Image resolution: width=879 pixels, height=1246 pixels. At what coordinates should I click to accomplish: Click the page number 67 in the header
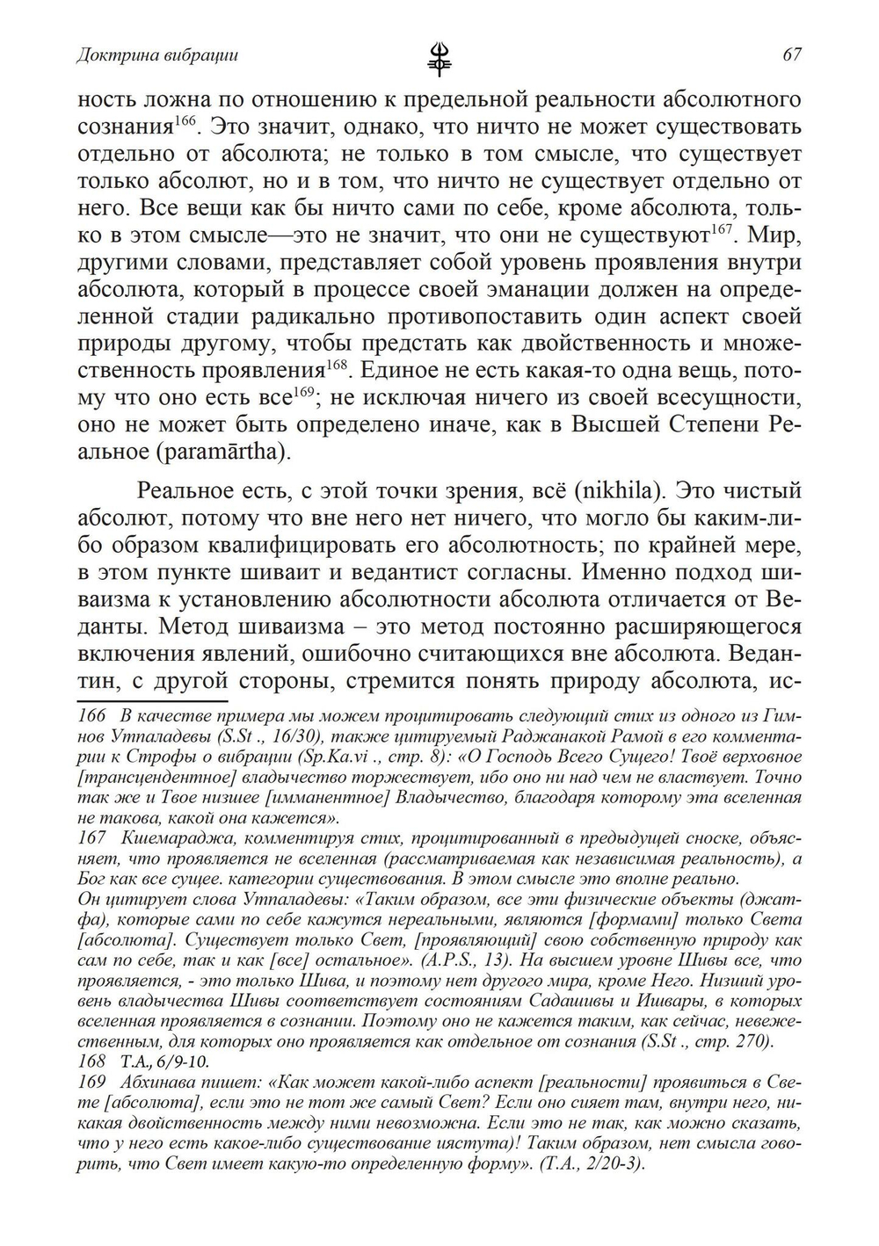[791, 55]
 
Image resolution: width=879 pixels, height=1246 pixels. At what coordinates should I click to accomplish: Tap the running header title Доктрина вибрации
[157, 55]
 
